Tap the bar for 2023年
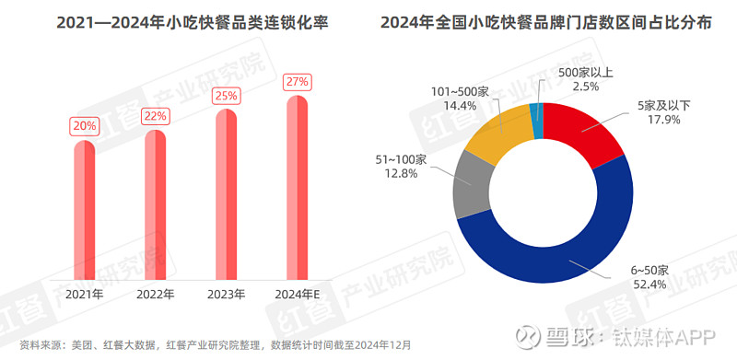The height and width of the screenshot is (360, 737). click(x=227, y=196)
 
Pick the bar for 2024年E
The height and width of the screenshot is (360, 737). click(x=298, y=189)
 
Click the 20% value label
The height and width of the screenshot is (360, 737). click(x=85, y=126)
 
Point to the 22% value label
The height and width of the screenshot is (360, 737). click(x=155, y=116)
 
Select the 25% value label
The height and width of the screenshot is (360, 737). click(x=227, y=95)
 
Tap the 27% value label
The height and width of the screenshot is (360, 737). click(x=298, y=81)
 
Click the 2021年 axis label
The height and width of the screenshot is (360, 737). click(x=85, y=296)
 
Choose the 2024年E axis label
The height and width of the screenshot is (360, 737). click(x=298, y=296)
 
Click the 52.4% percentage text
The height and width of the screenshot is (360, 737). click(x=649, y=285)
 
